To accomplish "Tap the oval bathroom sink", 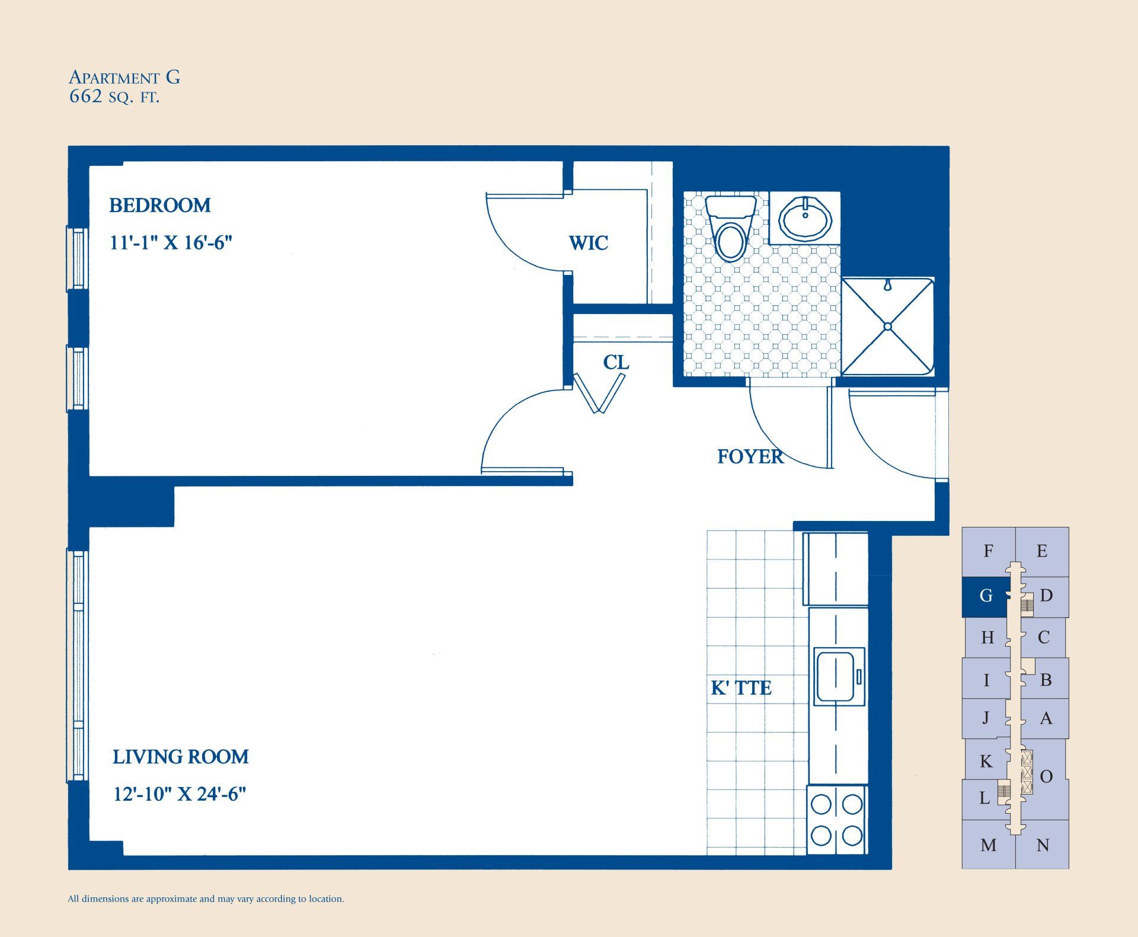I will click(x=805, y=219).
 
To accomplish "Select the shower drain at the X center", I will click(x=887, y=327).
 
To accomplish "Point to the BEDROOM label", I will click(x=160, y=206).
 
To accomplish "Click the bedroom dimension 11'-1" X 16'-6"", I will click(x=171, y=243).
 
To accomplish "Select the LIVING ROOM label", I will click(x=181, y=757).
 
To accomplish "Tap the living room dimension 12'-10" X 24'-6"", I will click(x=180, y=794).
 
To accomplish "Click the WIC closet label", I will click(x=588, y=243).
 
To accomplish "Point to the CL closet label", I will click(x=616, y=363).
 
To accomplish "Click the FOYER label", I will click(x=750, y=456).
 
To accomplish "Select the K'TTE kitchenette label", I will click(x=741, y=688).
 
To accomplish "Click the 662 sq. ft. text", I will click(x=114, y=97).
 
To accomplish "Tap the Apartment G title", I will click(x=124, y=77).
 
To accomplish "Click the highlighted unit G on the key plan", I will click(x=985, y=596).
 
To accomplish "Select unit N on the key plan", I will click(x=1043, y=845).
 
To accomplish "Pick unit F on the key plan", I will click(x=988, y=551).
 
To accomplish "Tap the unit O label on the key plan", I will click(x=1046, y=776).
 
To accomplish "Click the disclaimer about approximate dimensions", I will click(x=206, y=899).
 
